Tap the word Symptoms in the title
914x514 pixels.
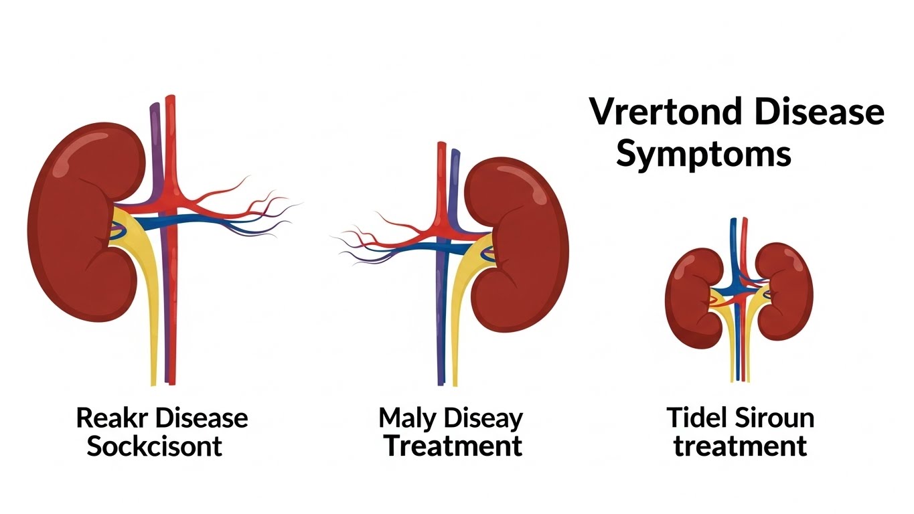click(x=703, y=154)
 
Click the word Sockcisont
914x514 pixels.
click(x=155, y=446)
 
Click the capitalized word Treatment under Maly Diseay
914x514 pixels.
click(x=453, y=446)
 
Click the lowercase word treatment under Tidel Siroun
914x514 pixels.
click(x=740, y=446)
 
